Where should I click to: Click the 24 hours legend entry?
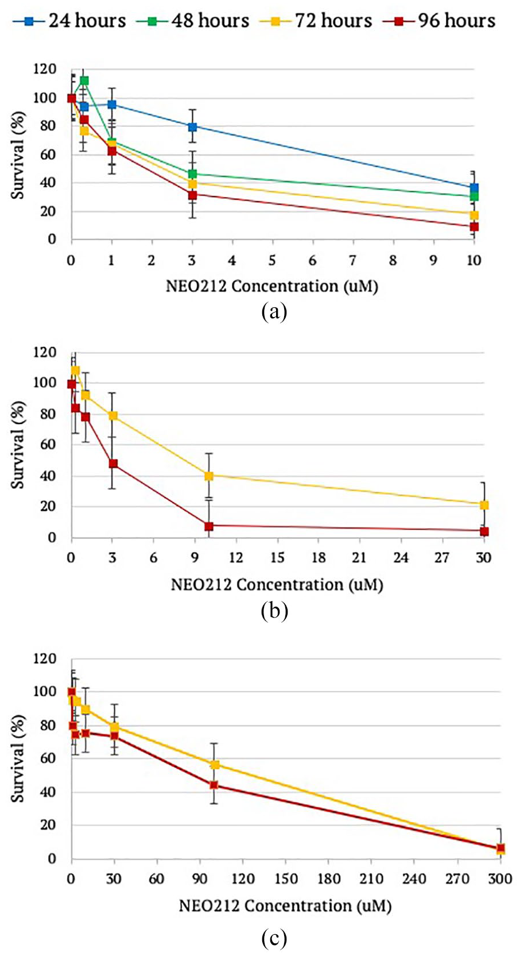pos(69,21)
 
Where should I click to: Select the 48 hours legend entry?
pos(193,21)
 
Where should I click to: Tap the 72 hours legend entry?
pos(316,21)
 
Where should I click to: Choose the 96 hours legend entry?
pos(440,21)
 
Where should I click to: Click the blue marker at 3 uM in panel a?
pos(192,127)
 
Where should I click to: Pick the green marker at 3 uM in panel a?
pos(192,174)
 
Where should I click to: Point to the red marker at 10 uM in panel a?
pos(474,226)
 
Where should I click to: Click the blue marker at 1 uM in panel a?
pos(112,104)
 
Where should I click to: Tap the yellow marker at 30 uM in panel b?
pos(484,505)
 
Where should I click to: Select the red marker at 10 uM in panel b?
pos(208,526)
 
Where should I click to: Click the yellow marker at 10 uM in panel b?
pos(208,476)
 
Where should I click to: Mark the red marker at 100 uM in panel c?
pos(214,784)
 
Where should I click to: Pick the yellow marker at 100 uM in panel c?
pos(215,764)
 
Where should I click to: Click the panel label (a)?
pos(274,312)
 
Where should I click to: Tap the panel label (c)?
pos(274,937)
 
